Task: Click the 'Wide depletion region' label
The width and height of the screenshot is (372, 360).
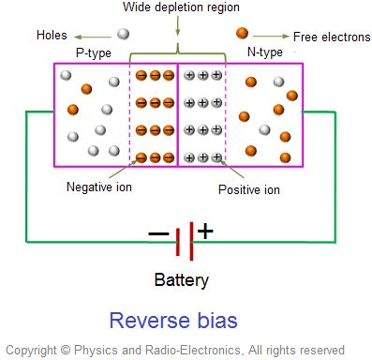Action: (x=175, y=8)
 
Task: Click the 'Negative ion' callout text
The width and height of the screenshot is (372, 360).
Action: (x=99, y=187)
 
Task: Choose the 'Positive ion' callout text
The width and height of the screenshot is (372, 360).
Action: (x=248, y=190)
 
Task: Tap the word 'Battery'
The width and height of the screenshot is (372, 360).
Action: (x=182, y=279)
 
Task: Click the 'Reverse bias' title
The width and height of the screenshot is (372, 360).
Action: (x=173, y=321)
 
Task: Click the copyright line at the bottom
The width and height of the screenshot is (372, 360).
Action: (x=174, y=350)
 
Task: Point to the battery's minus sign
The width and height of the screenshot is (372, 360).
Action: (x=158, y=234)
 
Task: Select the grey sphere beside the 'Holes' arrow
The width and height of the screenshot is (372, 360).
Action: (x=123, y=34)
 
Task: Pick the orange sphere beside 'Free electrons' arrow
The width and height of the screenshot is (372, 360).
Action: (x=243, y=34)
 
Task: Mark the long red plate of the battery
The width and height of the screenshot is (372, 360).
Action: (x=191, y=241)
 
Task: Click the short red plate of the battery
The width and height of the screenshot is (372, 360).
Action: (x=177, y=241)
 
